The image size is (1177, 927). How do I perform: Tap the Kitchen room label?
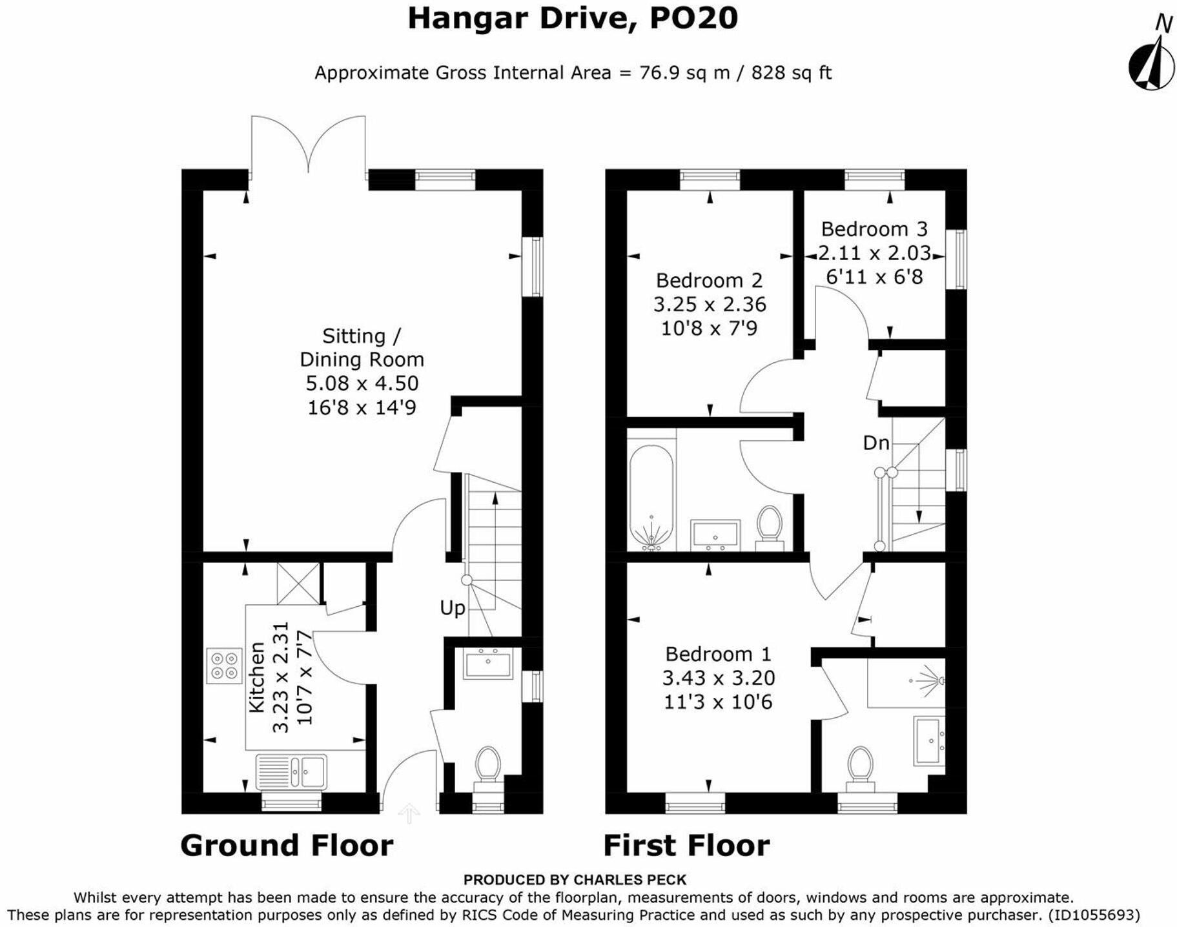point(257,677)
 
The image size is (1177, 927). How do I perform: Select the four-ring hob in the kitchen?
point(224,666)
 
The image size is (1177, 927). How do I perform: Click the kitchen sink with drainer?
point(291,771)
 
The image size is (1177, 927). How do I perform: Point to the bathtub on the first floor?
point(651,498)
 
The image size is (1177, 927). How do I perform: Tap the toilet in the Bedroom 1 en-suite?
point(860,769)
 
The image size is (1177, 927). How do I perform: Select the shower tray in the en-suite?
point(906,683)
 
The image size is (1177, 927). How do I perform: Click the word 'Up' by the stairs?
point(452,608)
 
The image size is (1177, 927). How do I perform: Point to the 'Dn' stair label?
point(876,443)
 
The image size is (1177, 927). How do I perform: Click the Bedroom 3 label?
point(874,229)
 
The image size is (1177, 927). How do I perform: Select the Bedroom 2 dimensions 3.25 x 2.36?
point(710,304)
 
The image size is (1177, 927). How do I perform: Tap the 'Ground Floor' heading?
point(287,845)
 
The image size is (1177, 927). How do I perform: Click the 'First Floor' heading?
point(686,845)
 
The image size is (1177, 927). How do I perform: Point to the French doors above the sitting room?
point(308,145)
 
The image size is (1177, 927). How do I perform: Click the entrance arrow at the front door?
point(409,813)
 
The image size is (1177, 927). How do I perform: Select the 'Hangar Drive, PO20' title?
point(573,17)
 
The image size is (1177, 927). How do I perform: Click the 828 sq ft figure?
point(792,72)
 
